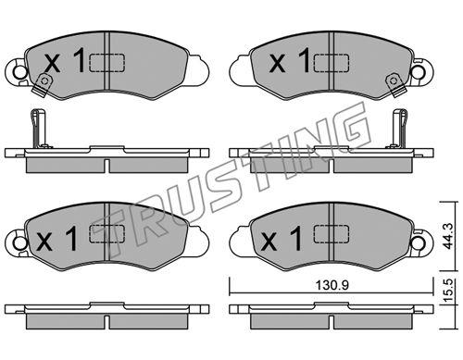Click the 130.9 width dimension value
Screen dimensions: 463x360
pyautogui.click(x=332, y=285)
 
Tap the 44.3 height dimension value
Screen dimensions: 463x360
pyautogui.click(x=448, y=236)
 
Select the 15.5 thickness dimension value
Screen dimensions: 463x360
pyautogui.click(x=448, y=290)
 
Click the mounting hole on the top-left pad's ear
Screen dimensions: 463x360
pyautogui.click(x=20, y=72)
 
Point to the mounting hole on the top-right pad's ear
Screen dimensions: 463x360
pyautogui.click(x=419, y=72)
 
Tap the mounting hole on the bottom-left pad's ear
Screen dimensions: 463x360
pyautogui.click(x=20, y=243)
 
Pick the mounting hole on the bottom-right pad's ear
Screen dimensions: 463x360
pyautogui.click(x=419, y=243)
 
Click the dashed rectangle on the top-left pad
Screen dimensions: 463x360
pyautogui.click(x=106, y=63)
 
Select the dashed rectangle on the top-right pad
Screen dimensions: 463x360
pyautogui.click(x=332, y=63)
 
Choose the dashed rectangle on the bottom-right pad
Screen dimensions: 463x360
pyautogui.click(x=332, y=233)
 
